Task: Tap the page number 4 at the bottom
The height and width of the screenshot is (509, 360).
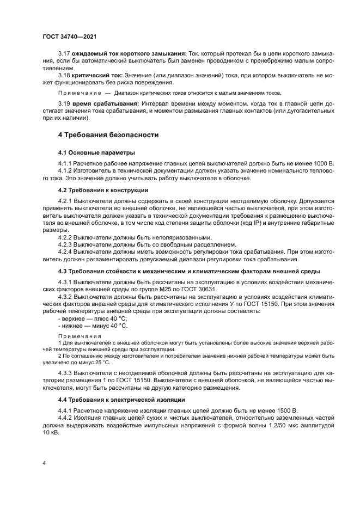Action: (44, 463)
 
